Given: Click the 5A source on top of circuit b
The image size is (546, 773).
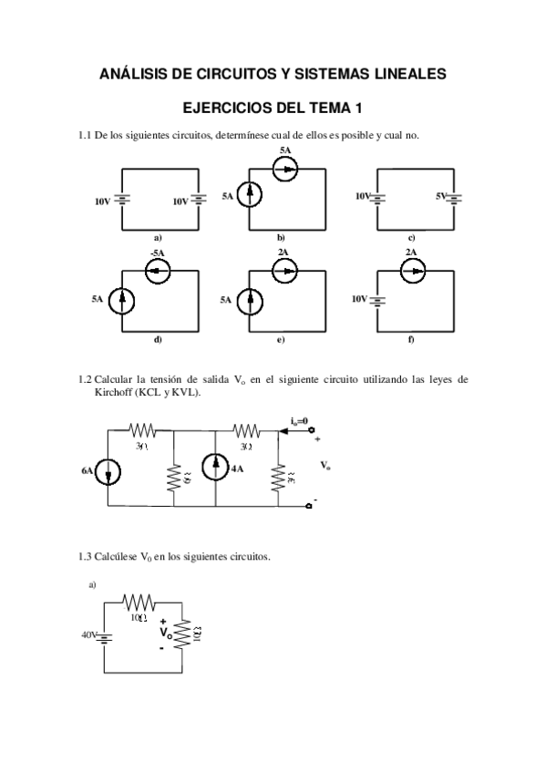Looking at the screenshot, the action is tap(285, 169).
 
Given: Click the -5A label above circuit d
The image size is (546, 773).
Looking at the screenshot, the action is tap(158, 253).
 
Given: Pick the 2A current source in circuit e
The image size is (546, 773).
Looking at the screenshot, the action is tap(285, 271).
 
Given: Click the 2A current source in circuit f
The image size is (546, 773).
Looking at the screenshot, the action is tap(412, 271).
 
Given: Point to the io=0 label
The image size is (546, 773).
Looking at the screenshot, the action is tap(298, 420).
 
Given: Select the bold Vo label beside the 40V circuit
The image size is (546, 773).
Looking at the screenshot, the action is tap(166, 632).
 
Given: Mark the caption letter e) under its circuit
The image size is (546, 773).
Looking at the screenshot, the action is tap(282, 340).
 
